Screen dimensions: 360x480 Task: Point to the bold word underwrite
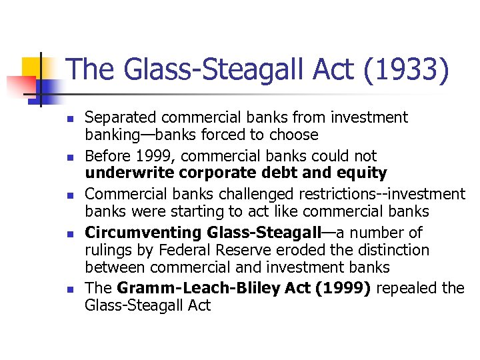[126, 173]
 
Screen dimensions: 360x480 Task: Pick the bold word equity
[363, 173]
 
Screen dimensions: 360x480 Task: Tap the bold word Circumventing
[143, 233]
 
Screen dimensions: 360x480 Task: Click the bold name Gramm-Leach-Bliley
[182, 289]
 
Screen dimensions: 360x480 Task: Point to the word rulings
[107, 250]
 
